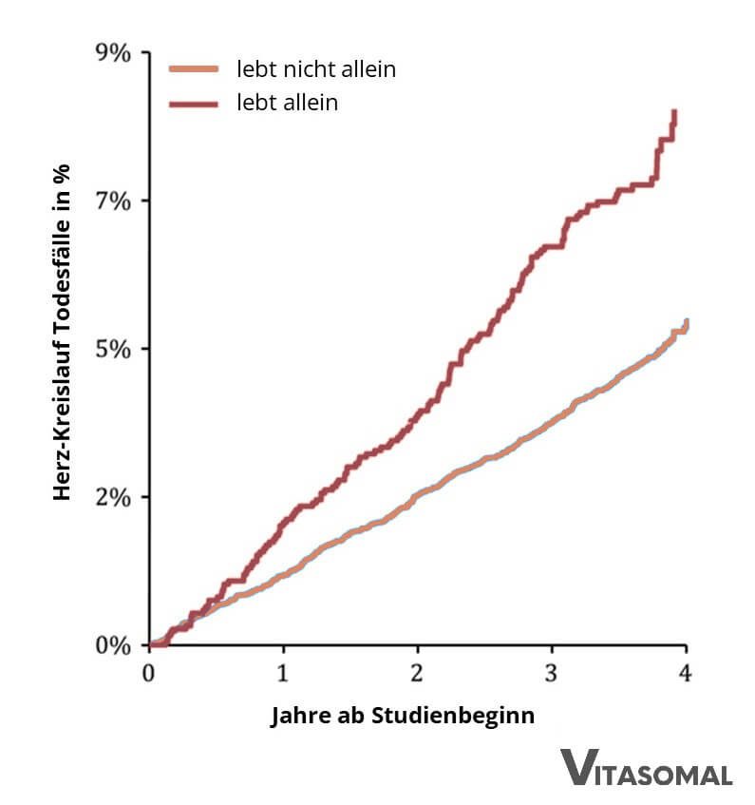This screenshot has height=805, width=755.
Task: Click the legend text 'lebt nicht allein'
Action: (x=315, y=69)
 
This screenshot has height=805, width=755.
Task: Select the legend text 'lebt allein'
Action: (x=287, y=102)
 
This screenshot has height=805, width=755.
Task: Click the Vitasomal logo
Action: (x=646, y=768)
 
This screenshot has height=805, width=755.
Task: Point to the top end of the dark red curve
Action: (x=674, y=112)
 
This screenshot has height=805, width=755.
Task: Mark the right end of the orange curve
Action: (x=686, y=322)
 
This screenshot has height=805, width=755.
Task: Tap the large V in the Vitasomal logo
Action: (x=576, y=767)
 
